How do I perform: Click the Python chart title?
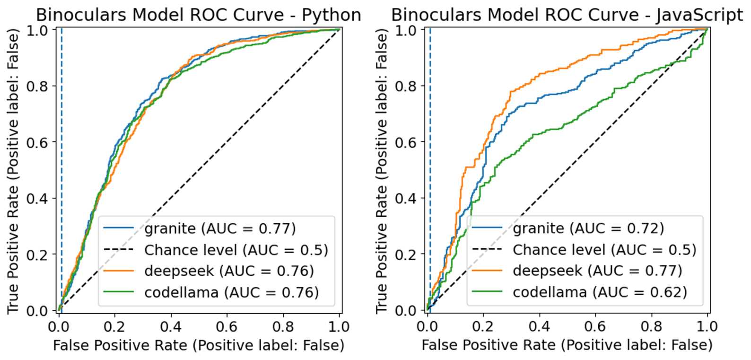199,15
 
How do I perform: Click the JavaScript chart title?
567,15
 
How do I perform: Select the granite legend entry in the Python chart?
220,228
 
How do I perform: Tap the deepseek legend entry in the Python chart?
229,271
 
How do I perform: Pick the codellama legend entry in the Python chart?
231,292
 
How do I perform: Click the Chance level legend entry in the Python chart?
236,250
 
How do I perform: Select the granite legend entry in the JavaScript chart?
588,228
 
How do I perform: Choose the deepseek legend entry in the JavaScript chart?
597,271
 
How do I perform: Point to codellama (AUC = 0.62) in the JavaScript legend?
600,292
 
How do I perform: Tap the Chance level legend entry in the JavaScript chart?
604,250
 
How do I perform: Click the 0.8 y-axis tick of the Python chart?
38,86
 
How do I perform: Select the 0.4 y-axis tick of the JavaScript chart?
406,198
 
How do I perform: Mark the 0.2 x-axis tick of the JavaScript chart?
483,327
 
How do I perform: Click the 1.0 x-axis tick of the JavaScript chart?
707,327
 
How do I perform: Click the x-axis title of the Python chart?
199,345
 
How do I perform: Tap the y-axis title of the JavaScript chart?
382,170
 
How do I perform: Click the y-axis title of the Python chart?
13,170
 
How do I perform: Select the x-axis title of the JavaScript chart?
567,345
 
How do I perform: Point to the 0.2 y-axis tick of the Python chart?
38,255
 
